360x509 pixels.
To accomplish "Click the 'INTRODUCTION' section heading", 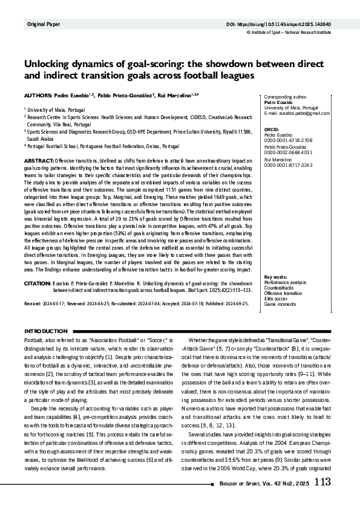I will pyautogui.click(x=46, y=331).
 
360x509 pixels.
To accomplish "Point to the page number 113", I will pyautogui.click(x=322, y=482).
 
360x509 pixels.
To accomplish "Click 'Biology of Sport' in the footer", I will pyautogui.click(x=241, y=483).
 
